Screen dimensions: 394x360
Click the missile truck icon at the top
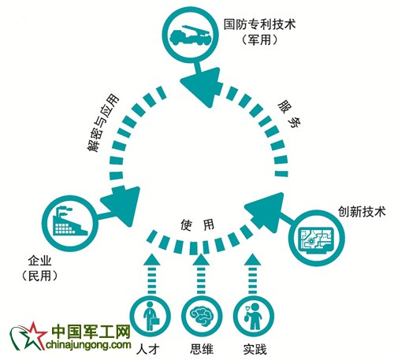tap(191, 35)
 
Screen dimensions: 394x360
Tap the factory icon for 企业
tap(70, 221)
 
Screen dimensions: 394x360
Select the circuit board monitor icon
tap(317, 239)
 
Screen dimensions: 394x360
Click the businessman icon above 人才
tap(151, 316)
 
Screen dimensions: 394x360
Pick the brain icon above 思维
tap(202, 316)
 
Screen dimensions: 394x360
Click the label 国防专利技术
tap(259, 24)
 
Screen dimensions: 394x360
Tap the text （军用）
tap(259, 40)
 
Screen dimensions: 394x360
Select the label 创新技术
tap(362, 212)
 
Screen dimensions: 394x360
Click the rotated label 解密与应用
tap(103, 122)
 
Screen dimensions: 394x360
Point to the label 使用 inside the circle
tap(197, 225)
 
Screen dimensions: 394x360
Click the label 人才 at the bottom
tap(148, 350)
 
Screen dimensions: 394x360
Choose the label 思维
tap(202, 350)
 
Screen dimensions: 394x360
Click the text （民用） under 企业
tap(39, 276)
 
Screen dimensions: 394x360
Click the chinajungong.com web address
tap(88, 344)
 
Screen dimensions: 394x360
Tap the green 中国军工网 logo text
tap(91, 332)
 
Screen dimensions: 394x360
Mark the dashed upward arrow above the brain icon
tap(201, 274)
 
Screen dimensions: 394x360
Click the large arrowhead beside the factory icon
tap(122, 205)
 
